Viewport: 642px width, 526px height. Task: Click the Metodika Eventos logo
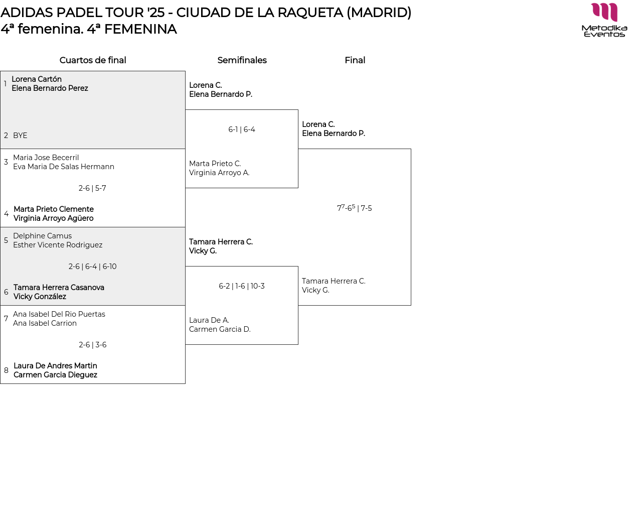(x=604, y=20)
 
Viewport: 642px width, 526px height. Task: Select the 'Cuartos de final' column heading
(x=93, y=60)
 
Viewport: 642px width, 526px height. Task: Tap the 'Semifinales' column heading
(x=242, y=60)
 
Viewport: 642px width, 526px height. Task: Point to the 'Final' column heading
(x=355, y=60)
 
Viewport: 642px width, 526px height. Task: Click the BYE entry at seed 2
(x=20, y=136)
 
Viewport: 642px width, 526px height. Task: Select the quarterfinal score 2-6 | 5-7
(x=92, y=188)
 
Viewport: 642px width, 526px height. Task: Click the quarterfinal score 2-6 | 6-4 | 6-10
(x=92, y=267)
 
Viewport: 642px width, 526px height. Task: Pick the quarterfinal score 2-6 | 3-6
(x=92, y=345)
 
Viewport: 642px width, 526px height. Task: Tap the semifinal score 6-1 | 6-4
(x=242, y=129)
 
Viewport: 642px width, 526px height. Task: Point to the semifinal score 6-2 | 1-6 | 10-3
(x=242, y=286)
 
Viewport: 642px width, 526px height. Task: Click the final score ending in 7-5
(x=355, y=208)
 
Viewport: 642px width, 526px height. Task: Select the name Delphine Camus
(x=42, y=236)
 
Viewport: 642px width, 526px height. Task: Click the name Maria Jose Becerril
(x=46, y=158)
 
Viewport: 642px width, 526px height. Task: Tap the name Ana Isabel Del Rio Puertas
(x=59, y=314)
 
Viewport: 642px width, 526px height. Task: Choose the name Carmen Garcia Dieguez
(x=55, y=375)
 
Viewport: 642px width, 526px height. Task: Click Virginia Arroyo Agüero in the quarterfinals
(x=53, y=218)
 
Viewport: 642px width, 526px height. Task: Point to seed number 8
(x=6, y=370)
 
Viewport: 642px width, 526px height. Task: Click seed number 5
(x=6, y=240)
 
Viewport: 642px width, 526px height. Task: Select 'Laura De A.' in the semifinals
(x=209, y=320)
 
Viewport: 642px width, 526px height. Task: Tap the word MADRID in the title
(x=379, y=13)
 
